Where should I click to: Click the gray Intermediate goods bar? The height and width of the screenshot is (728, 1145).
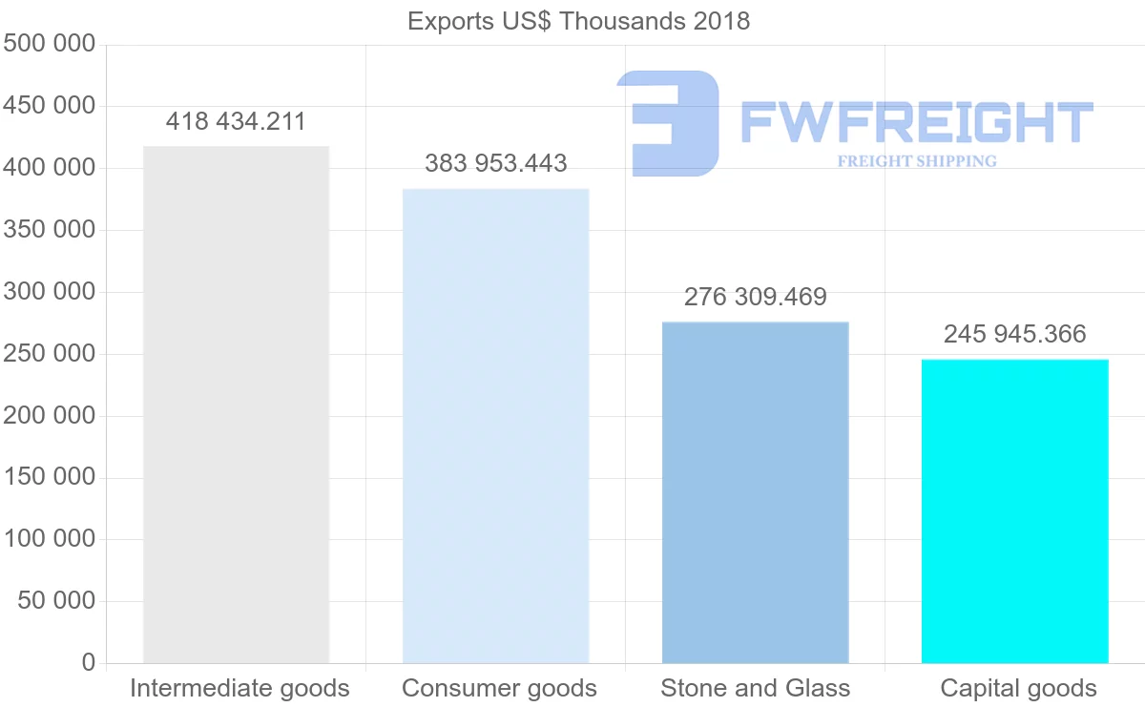click(x=236, y=405)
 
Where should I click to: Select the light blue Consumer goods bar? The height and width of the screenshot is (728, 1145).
click(x=495, y=426)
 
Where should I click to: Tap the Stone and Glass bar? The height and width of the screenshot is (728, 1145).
click(x=755, y=492)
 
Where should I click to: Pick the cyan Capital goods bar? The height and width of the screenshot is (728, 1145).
click(x=1014, y=510)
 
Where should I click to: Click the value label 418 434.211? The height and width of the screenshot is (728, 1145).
click(x=236, y=122)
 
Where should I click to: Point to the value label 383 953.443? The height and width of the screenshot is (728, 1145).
click(x=495, y=164)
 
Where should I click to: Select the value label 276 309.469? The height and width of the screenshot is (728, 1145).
click(x=755, y=298)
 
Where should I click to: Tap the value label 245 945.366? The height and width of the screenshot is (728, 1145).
click(x=1014, y=334)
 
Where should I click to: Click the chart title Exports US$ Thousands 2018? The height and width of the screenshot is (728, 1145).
click(x=578, y=21)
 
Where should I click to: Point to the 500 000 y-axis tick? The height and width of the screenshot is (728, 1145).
click(x=50, y=44)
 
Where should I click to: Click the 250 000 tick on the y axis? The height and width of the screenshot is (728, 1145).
click(x=50, y=354)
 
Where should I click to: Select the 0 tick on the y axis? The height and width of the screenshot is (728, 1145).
click(x=89, y=662)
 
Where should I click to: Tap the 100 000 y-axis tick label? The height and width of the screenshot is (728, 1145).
click(x=50, y=539)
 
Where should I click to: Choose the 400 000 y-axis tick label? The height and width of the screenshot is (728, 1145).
click(x=50, y=168)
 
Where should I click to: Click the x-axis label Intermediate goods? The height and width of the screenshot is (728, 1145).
click(x=239, y=688)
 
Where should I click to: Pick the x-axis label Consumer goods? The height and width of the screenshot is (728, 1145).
click(x=499, y=688)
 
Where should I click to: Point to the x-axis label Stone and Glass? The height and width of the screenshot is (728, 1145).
click(x=755, y=688)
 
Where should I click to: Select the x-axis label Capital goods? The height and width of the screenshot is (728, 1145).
click(x=1018, y=688)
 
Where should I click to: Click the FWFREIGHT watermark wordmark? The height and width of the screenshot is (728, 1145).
click(x=916, y=123)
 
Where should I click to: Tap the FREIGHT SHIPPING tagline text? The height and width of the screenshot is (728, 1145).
click(x=916, y=161)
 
